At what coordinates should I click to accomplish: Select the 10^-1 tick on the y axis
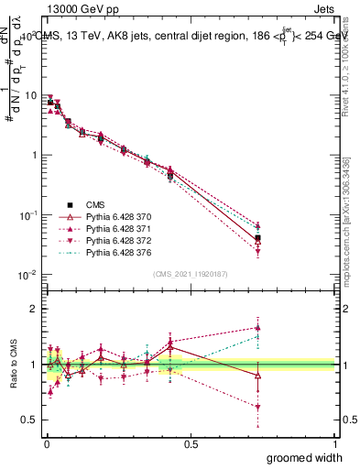27,215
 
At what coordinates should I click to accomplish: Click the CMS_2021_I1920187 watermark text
191,273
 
